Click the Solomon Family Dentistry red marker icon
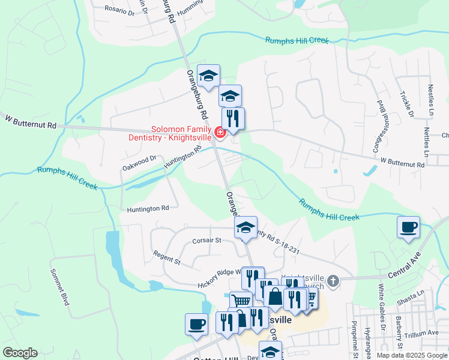point(220,132)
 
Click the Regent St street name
point(167,259)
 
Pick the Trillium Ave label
point(424,334)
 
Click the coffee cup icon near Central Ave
point(409,227)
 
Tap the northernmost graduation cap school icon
point(208,76)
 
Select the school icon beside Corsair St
point(246,227)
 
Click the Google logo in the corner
point(20,353)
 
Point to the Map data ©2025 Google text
point(411,355)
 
